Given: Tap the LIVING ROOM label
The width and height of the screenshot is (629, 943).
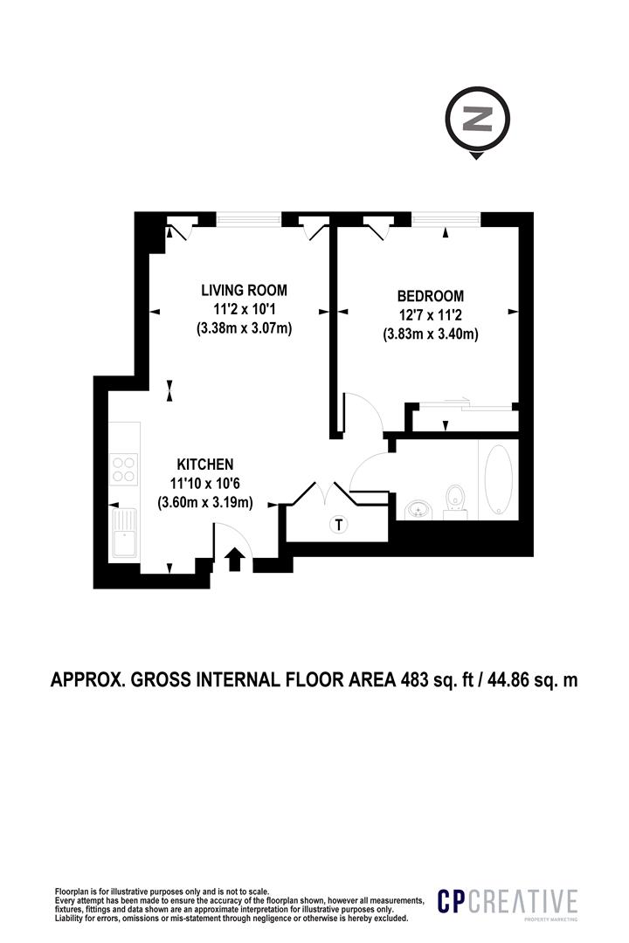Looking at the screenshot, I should [x=244, y=291].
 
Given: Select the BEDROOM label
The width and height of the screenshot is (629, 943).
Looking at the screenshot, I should [x=430, y=297].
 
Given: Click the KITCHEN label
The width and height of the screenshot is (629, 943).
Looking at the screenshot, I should [x=205, y=464].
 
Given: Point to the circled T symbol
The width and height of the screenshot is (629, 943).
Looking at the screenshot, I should [x=336, y=525].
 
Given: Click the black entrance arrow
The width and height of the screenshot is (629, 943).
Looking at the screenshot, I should [x=234, y=559].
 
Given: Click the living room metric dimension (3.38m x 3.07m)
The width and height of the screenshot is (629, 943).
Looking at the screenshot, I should [x=244, y=329].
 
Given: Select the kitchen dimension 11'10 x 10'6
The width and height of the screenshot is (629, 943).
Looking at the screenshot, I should [x=205, y=483].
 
